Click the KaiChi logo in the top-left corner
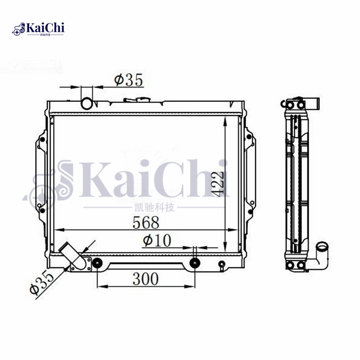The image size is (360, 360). pos(39,29)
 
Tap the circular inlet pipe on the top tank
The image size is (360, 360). pos(86,103)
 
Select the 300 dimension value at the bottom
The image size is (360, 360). pos(145,279)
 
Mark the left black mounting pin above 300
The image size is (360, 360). pos(97,263)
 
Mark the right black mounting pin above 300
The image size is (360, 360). pos(194,263)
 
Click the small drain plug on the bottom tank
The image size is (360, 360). pos(221,265)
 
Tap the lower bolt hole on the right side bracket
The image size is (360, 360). pos(247,207)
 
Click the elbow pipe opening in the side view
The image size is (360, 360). pos(322,247)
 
